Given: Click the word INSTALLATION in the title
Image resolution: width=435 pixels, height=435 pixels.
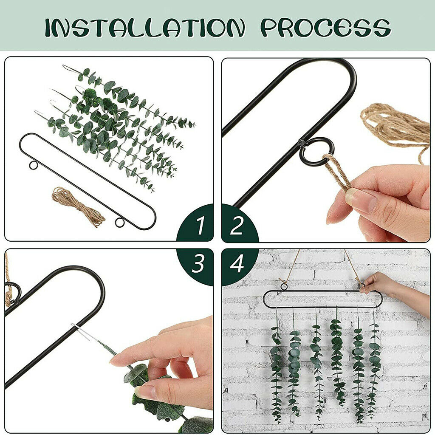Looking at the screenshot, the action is [145, 28].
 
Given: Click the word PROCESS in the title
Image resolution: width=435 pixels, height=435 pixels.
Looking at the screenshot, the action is [326, 28].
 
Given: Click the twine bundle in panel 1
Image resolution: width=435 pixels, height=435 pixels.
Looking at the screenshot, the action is [78, 207].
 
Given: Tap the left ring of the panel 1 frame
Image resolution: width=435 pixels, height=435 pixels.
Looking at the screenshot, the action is [33, 165].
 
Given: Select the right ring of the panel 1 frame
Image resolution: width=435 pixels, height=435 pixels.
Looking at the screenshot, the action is [120, 223].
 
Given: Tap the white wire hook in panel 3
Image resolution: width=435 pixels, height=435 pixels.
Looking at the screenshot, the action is [80, 331].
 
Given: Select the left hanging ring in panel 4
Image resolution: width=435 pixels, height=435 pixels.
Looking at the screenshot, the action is [283, 287].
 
